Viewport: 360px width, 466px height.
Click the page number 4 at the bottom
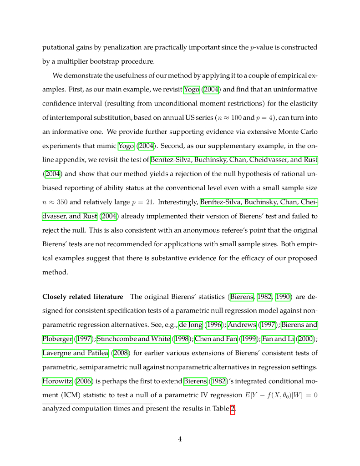[180, 439]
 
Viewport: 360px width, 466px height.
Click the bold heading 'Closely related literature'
[82, 297]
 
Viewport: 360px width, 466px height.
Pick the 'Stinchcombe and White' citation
[131, 339]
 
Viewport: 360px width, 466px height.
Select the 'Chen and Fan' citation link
[210, 339]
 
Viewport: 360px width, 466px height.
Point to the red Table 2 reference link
[233, 409]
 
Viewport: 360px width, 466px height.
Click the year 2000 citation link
[304, 339]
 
